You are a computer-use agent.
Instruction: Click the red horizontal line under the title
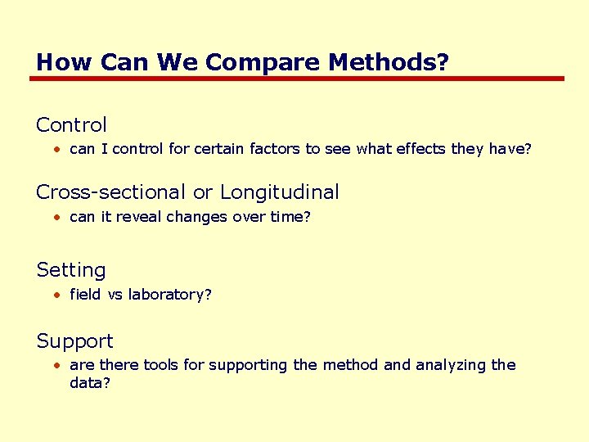[x=296, y=79]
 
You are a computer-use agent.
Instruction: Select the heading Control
[x=71, y=125]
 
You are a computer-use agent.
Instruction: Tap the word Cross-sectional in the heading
[x=111, y=192]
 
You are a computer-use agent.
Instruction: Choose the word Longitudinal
[x=279, y=192]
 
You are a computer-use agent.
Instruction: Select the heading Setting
[x=71, y=270]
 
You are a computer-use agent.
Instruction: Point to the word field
[x=85, y=294]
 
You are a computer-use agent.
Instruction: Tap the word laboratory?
[x=169, y=294]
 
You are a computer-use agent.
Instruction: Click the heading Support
[x=74, y=341]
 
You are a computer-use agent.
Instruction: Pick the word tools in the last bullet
[x=161, y=365]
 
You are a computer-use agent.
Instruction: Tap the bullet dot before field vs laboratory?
[x=56, y=295]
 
